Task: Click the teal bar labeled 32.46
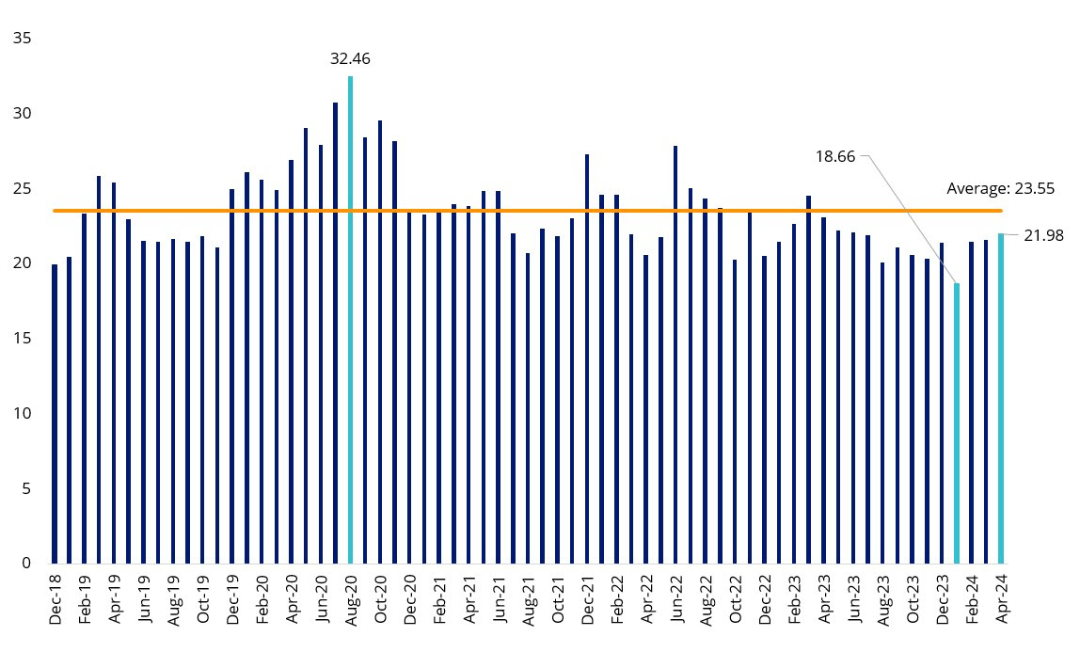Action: click(x=350, y=320)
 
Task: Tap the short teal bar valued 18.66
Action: click(x=957, y=423)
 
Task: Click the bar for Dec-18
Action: click(x=55, y=414)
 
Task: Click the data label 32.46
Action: click(x=350, y=58)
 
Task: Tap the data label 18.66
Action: click(x=835, y=156)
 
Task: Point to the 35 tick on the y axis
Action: click(x=22, y=39)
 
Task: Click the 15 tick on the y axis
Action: click(x=22, y=338)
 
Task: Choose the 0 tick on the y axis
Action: click(x=26, y=563)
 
